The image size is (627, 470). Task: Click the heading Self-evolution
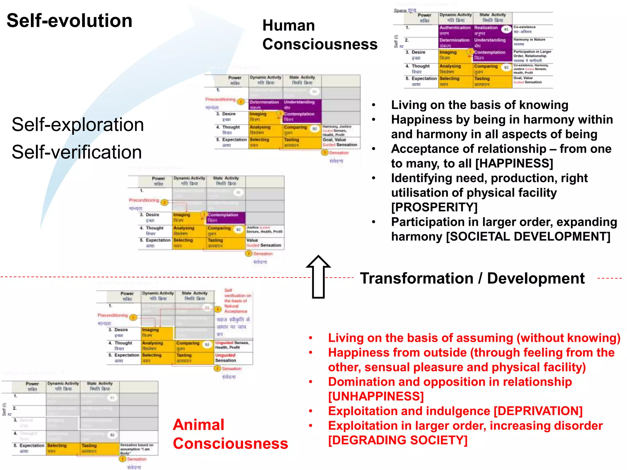(69, 21)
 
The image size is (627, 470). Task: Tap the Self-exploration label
(78, 125)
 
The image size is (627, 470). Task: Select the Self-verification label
(77, 152)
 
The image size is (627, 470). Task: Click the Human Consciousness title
(320, 35)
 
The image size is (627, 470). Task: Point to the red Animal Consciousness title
(230, 434)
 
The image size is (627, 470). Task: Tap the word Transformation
(416, 278)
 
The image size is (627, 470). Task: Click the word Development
(536, 278)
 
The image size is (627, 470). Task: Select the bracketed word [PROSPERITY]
(434, 207)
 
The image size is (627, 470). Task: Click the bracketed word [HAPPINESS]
(514, 163)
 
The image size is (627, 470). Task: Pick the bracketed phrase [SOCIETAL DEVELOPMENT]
(528, 237)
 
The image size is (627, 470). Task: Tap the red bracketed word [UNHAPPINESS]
(376, 396)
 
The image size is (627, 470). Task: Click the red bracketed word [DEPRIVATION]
(538, 411)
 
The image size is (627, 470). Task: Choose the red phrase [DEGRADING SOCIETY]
(398, 440)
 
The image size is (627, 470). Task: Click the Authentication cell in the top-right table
(455, 30)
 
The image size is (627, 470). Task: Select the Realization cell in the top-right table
(486, 30)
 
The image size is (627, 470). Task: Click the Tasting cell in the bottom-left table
(89, 448)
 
